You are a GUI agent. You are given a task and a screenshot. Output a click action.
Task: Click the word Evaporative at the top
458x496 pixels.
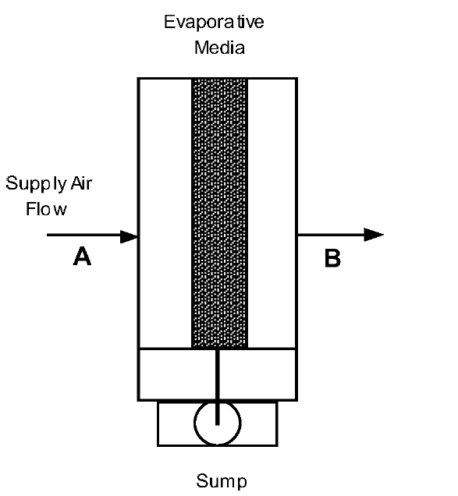(213, 23)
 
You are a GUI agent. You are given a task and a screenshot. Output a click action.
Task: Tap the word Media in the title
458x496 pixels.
(219, 48)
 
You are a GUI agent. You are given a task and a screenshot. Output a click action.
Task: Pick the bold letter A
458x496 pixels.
(82, 257)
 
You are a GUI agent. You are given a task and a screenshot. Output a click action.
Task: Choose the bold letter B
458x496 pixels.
(332, 259)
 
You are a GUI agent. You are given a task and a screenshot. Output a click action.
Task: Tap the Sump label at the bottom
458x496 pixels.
(222, 481)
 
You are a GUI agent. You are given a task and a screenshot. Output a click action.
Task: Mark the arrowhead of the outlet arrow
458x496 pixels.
(375, 235)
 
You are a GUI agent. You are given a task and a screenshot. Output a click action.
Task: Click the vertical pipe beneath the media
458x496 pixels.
(218, 374)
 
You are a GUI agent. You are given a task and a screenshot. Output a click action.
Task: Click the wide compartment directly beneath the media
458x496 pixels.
(176, 374)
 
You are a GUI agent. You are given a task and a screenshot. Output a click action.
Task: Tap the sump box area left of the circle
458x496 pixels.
(175, 423)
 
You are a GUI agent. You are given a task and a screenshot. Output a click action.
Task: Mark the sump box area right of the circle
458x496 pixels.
(259, 423)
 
